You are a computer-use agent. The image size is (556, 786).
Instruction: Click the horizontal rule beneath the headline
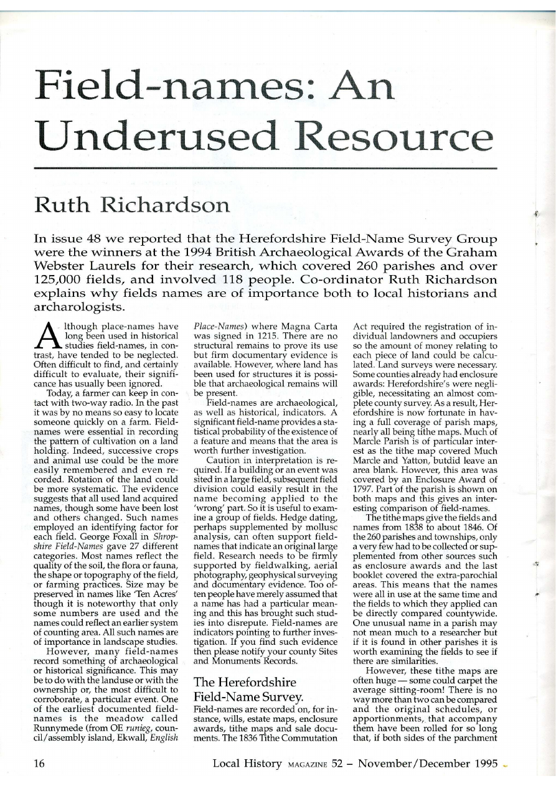point(266,168)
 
